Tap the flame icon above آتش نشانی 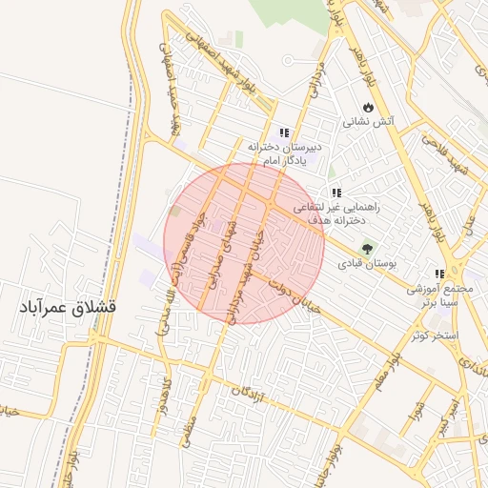point(366,107)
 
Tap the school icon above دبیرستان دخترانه point(283,132)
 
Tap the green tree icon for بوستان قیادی point(368,247)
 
